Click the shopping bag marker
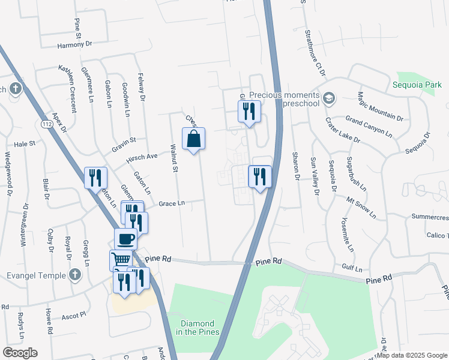(193, 139)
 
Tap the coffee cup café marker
(125, 239)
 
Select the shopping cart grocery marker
(121, 260)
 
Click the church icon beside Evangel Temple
(74, 275)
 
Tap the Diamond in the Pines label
(198, 327)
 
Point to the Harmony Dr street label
(75, 44)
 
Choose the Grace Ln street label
(171, 203)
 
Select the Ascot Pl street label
(75, 313)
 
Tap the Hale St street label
(25, 144)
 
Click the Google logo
(20, 353)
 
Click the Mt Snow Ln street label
(361, 206)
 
